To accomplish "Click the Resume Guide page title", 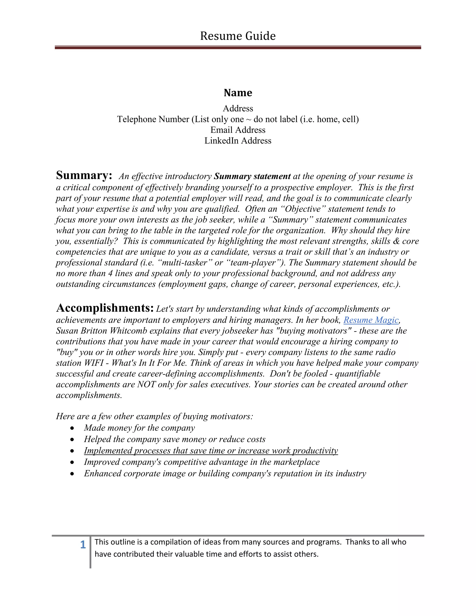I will [238, 36].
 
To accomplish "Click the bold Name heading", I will [238, 93].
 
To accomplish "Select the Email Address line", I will [238, 130].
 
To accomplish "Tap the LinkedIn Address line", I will [238, 141].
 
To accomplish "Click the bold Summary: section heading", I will [84, 176].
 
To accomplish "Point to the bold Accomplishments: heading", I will [105, 308].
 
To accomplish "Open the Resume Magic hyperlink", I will [371, 320].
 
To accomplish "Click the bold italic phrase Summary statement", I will [252, 176].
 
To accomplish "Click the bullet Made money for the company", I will [139, 428].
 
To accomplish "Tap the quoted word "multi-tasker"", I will [185, 263].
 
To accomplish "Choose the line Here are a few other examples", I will [155, 416].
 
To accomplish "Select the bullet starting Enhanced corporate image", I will [225, 473].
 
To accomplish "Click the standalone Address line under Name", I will [238, 109].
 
